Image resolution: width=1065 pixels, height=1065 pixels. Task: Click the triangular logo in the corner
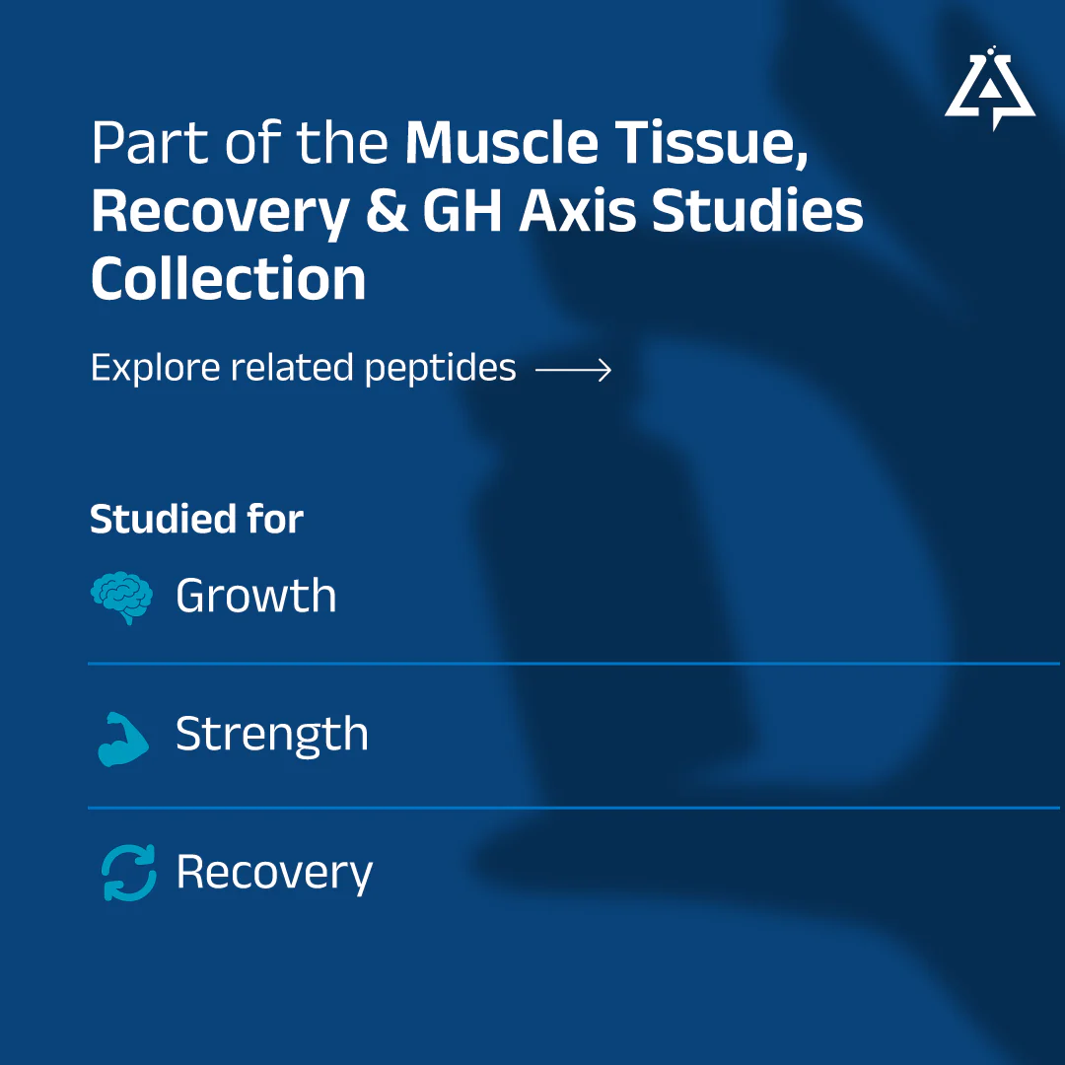coord(990,89)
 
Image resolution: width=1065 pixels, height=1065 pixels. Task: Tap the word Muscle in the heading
coord(501,143)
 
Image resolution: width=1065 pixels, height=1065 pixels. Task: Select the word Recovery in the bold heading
coord(221,213)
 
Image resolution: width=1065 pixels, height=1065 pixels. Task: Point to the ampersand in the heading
coord(388,211)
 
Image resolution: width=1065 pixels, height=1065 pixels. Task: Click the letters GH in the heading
coord(461,211)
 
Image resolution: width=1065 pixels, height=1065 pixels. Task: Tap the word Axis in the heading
coord(577,211)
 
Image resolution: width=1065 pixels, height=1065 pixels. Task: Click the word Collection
coord(228,278)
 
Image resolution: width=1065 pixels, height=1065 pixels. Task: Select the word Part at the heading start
coord(150,143)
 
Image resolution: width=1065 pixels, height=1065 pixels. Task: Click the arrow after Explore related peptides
coord(574,370)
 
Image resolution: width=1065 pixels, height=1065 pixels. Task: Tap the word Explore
coord(156,369)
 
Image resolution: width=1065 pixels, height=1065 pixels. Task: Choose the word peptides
coord(440,369)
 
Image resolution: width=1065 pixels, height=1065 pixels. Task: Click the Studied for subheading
coord(196,520)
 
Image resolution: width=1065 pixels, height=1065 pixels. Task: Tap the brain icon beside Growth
coord(121,598)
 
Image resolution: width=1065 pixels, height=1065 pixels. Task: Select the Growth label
coord(256,597)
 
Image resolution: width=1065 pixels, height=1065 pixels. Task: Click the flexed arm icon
coord(123,739)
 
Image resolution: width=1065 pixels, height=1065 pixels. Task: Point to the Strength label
coord(272,735)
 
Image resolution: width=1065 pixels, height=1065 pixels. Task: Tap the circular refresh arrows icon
coord(128,873)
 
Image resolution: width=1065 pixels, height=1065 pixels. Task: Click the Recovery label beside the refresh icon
coord(274,874)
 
